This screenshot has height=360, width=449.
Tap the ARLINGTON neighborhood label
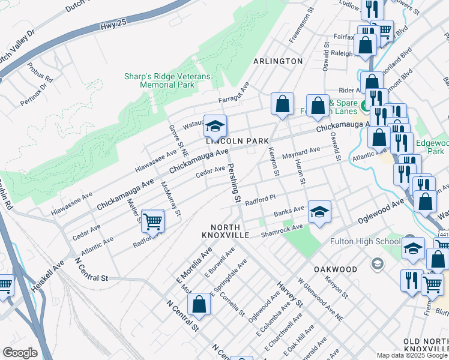click(277, 61)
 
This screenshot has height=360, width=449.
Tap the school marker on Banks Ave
click(319, 212)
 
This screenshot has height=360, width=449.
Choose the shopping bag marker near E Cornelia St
click(199, 305)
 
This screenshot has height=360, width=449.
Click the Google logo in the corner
click(20, 353)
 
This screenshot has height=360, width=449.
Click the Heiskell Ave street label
click(48, 275)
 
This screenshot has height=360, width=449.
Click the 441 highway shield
click(442, 233)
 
